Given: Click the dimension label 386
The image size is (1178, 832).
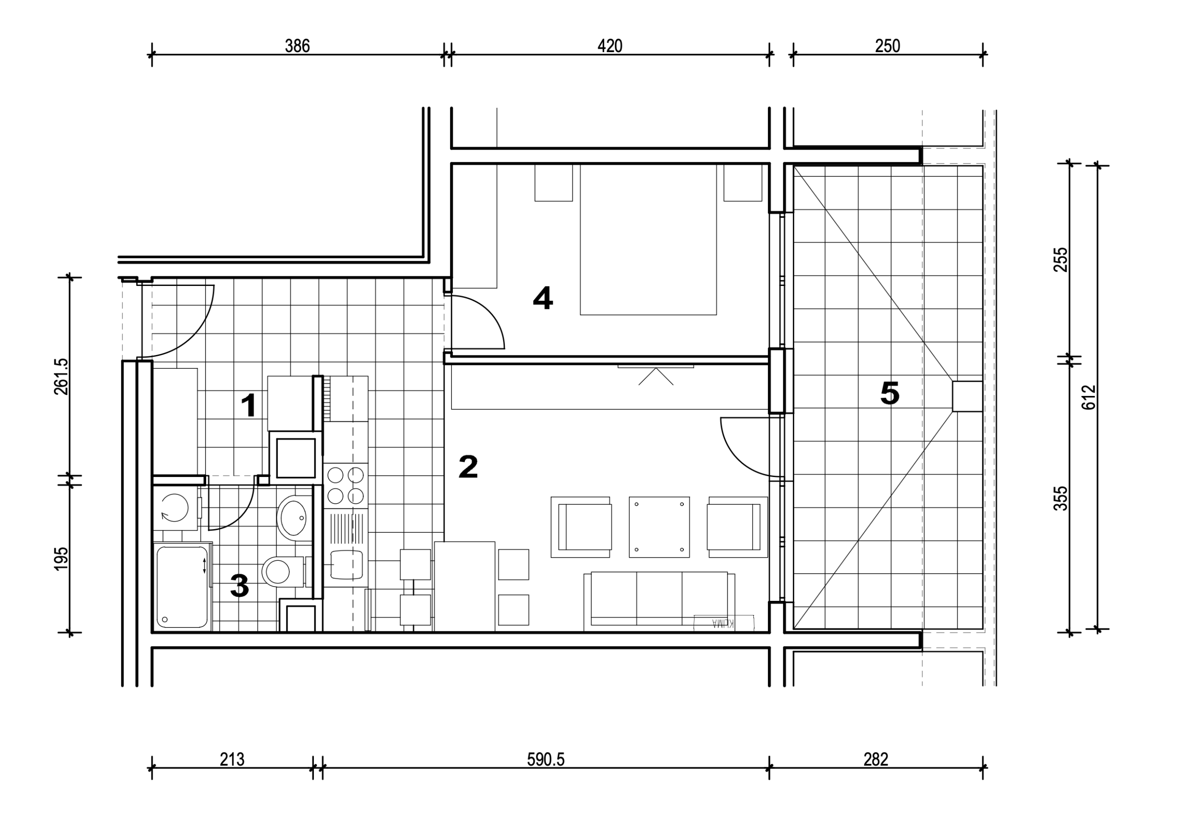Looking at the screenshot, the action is pyautogui.click(x=298, y=46).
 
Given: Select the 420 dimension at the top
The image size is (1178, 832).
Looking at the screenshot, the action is pyautogui.click(x=610, y=46).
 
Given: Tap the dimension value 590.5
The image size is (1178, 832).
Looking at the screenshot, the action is pyautogui.click(x=546, y=759).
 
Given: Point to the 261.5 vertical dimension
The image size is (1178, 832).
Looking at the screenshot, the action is pyautogui.click(x=61, y=376).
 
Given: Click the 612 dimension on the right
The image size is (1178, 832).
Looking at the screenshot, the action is pyautogui.click(x=1089, y=397).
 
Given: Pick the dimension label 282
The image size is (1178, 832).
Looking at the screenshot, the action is pyautogui.click(x=876, y=759).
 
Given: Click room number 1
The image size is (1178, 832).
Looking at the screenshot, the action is pyautogui.click(x=249, y=406).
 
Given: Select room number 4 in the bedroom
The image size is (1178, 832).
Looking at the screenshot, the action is pyautogui.click(x=543, y=298).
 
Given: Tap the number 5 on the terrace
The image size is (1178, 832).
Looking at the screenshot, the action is pyautogui.click(x=889, y=394).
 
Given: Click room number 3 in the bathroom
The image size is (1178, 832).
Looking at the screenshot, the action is pyautogui.click(x=240, y=586).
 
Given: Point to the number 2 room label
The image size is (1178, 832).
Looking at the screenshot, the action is pyautogui.click(x=468, y=467).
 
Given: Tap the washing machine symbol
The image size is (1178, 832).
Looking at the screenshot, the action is pyautogui.click(x=175, y=508).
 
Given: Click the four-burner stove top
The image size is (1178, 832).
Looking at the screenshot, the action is pyautogui.click(x=346, y=486).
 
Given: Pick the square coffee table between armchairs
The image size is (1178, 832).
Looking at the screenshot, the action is pyautogui.click(x=659, y=527).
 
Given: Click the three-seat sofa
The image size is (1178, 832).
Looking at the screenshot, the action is pyautogui.click(x=659, y=601).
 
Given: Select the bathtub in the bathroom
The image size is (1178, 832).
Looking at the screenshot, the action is pyautogui.click(x=182, y=587).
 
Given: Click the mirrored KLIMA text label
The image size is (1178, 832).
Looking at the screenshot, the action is pyautogui.click(x=723, y=623).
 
